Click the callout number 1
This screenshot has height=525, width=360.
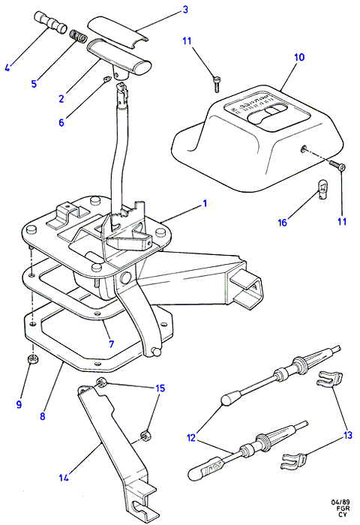click(x=205, y=203)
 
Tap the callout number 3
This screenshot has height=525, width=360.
click(x=185, y=10)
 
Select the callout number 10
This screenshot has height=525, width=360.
click(x=299, y=57)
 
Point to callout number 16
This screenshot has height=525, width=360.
click(x=283, y=222)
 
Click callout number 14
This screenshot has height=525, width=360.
click(x=63, y=477)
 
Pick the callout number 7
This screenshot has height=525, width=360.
click(x=112, y=343)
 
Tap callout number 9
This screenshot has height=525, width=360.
click(x=19, y=404)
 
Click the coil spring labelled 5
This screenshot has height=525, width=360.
click(x=78, y=36)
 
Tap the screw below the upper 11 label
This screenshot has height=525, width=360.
click(x=217, y=84)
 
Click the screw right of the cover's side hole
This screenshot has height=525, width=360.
click(x=337, y=166)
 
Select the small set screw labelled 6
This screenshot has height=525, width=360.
click(x=107, y=80)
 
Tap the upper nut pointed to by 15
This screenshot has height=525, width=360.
click(x=100, y=382)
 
